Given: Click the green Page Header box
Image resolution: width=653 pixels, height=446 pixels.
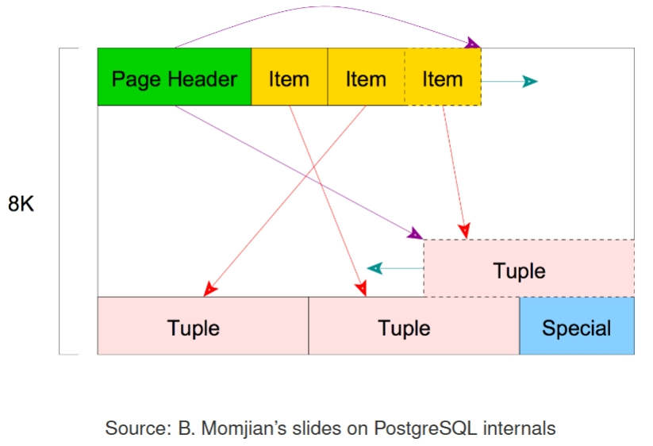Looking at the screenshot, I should coord(174,77).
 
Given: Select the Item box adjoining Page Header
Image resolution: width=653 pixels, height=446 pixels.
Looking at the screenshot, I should coord(289,77).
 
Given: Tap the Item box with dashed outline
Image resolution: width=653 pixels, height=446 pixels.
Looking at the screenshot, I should coord(442,77).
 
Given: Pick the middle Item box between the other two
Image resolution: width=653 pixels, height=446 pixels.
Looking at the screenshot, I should coord(366,77).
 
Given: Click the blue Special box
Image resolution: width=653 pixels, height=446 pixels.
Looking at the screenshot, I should coord(577,326).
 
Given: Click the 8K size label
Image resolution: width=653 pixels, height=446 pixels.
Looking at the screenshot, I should coord(22,203).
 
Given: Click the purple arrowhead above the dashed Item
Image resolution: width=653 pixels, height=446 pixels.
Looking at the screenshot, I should coord(473,43).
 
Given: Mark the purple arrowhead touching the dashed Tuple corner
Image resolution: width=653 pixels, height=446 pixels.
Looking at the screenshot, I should coord(415,233).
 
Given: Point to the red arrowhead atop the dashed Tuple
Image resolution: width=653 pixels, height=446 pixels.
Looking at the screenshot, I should coord(464,230).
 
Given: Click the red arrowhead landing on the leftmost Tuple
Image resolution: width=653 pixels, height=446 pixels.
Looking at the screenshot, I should coord(209,290).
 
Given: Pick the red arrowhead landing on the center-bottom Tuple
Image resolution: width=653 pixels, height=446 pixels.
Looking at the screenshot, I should coord(361,289).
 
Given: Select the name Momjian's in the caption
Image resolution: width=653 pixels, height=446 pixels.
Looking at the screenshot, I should coord(238,429).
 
